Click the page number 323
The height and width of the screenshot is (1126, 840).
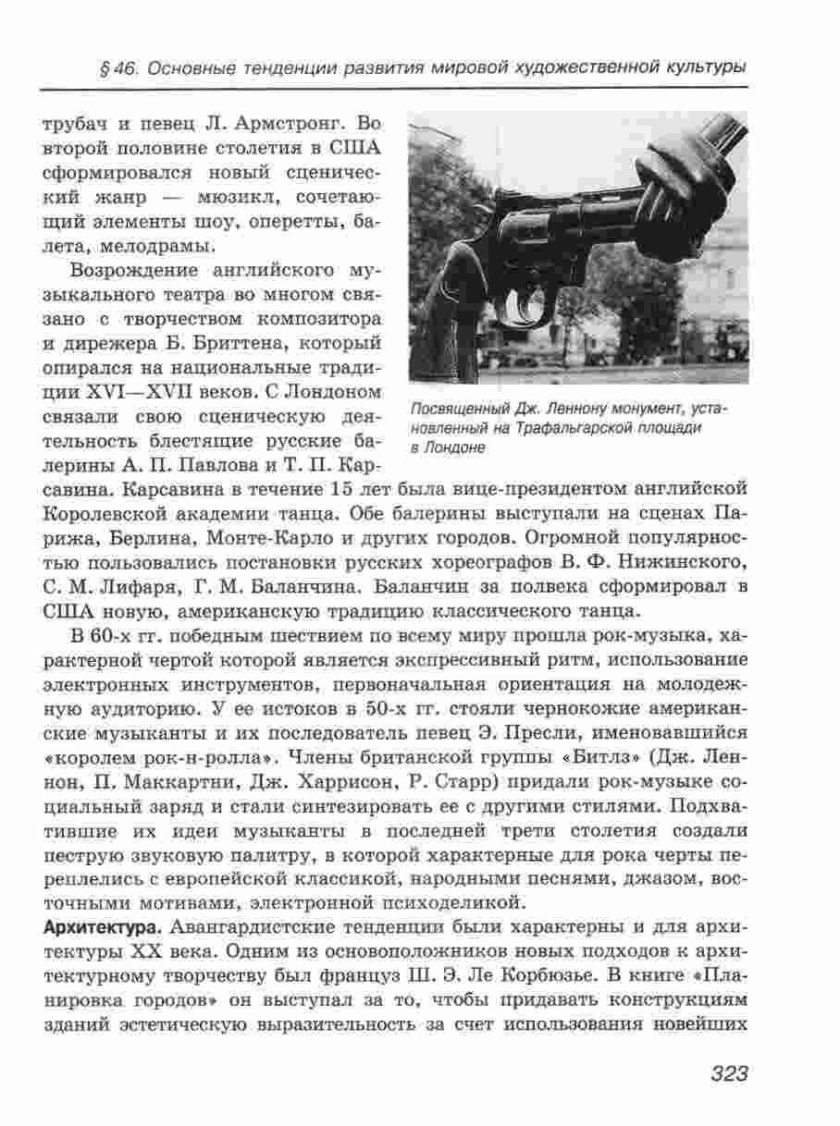tap(729, 1073)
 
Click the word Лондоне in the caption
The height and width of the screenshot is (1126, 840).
tap(453, 447)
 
